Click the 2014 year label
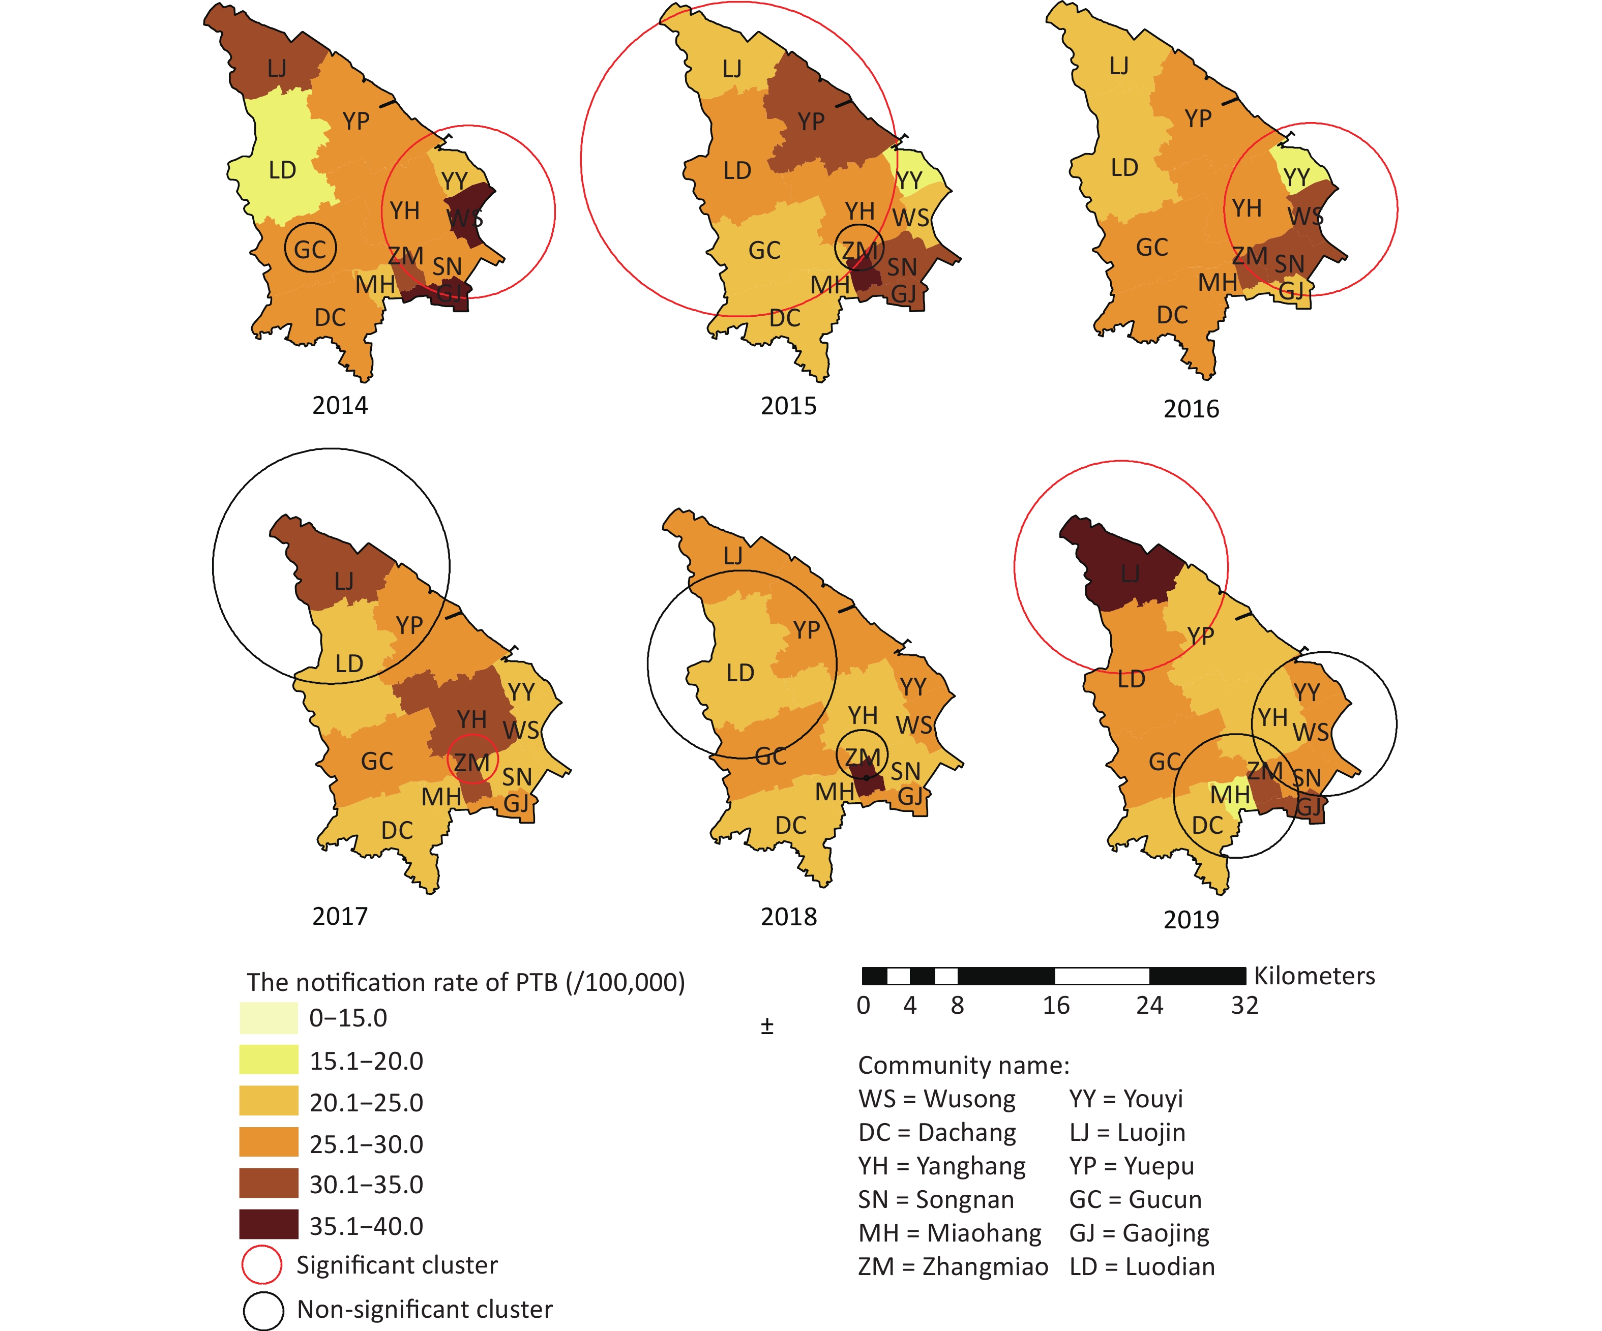(x=340, y=405)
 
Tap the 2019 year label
(x=1191, y=919)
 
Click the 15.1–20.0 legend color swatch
(x=269, y=1060)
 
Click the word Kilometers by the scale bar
(x=1314, y=976)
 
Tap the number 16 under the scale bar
(x=1056, y=1005)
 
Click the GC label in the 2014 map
(x=310, y=250)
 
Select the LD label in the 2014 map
(x=282, y=169)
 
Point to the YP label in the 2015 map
(x=811, y=122)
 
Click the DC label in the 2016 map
(x=1172, y=314)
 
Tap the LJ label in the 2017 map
(x=344, y=581)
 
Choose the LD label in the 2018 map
(x=740, y=672)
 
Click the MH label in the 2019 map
(x=1230, y=795)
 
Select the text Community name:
(x=963, y=1064)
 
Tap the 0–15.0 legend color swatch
(x=269, y=1017)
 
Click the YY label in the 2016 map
(x=1296, y=178)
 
